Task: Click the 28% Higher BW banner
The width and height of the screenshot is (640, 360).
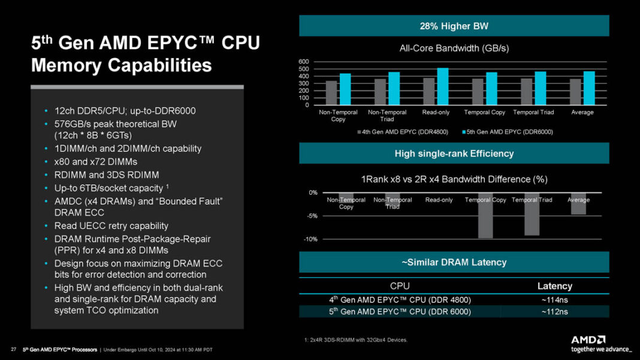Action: tap(454, 26)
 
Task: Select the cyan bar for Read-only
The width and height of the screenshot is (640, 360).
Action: tap(443, 87)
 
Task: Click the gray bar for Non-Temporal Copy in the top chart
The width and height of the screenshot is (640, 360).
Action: tap(331, 93)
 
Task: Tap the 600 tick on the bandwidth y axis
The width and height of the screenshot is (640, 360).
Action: tap(303, 62)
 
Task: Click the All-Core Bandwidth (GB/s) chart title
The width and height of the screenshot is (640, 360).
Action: tap(454, 48)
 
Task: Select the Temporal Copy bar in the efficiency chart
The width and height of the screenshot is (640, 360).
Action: tap(485, 219)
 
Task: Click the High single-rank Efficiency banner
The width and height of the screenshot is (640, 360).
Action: tap(454, 154)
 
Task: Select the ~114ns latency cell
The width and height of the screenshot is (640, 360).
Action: tap(554, 300)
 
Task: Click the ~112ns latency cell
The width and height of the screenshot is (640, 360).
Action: tap(554, 311)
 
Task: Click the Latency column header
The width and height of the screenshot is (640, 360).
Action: tap(554, 286)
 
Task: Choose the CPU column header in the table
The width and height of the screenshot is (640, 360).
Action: tap(400, 286)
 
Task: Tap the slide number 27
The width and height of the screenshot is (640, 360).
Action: tap(13, 349)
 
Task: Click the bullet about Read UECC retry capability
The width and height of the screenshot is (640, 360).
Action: tap(111, 226)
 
